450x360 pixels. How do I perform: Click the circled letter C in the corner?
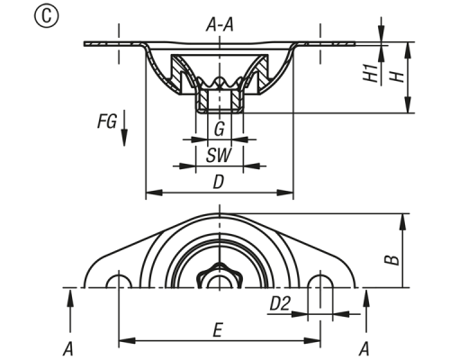[47, 16]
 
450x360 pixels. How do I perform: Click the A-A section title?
[220, 25]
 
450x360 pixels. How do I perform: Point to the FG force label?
[107, 121]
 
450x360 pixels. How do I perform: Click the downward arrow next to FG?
[124, 128]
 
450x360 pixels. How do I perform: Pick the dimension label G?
[220, 129]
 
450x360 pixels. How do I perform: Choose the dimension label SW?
[219, 156]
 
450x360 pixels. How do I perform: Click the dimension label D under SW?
[219, 182]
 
